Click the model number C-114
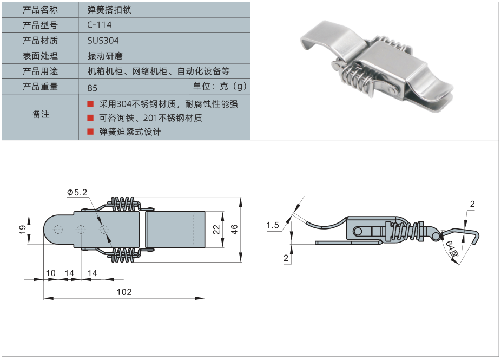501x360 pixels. pyautogui.click(x=99, y=25)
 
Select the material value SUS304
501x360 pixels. pyautogui.click(x=103, y=41)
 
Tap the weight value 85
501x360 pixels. pyautogui.click(x=92, y=87)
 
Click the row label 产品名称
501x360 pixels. pyautogui.click(x=40, y=10)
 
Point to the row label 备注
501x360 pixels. pyautogui.click(x=41, y=114)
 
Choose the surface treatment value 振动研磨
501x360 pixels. pyautogui.click(x=103, y=56)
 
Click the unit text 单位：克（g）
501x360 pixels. pyautogui.click(x=220, y=86)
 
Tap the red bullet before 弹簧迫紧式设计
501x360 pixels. pyautogui.click(x=90, y=132)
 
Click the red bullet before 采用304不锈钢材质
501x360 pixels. pyautogui.click(x=90, y=103)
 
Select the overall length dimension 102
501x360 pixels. pyautogui.click(x=124, y=292)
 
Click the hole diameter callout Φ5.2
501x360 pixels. pyautogui.click(x=77, y=192)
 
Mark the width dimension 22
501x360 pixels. pyautogui.click(x=215, y=230)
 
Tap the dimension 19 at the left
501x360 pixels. pyautogui.click(x=22, y=230)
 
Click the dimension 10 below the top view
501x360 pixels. pyautogui.click(x=50, y=273)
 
